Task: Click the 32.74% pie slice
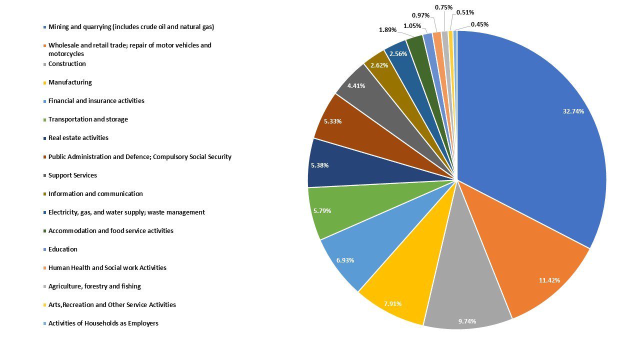[x=540, y=130]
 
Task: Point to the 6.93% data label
[x=345, y=260]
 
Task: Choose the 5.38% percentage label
[x=319, y=165]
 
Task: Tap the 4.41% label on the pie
[x=356, y=85]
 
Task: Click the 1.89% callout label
[x=387, y=29]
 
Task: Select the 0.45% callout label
[x=479, y=24]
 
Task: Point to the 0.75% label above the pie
[x=443, y=7]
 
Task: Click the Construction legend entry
[x=67, y=64]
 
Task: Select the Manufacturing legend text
[x=70, y=82]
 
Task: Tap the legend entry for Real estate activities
[x=78, y=138]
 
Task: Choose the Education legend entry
[x=62, y=249]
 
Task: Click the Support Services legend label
[x=72, y=175]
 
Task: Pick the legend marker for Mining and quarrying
[x=45, y=27]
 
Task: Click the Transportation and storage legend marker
[x=45, y=119]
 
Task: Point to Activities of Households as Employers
[x=103, y=323]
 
